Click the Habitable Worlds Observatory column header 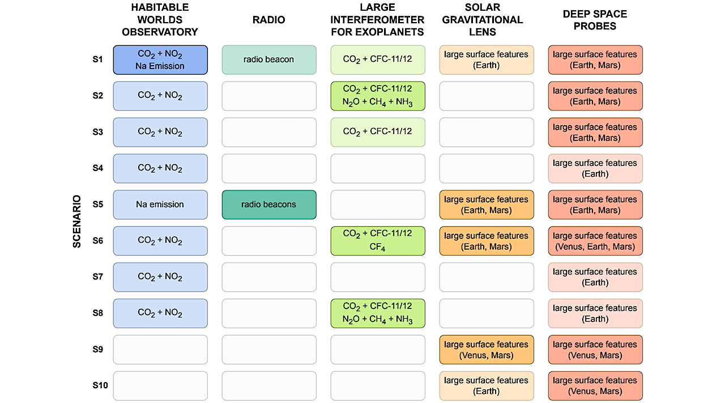point(160,20)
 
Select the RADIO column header point(268,20)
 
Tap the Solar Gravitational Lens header point(487,20)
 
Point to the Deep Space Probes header point(595,20)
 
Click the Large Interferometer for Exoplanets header point(377,20)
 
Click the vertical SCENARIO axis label point(77,222)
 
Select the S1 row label point(98,59)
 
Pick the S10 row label point(100,385)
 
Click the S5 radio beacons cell point(269,204)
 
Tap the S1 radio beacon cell point(269,59)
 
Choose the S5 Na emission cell point(160,204)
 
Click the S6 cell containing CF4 point(378,241)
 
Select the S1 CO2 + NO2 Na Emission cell point(160,59)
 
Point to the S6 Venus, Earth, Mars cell point(595,241)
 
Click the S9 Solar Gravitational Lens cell point(487,349)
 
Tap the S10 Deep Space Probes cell point(595,385)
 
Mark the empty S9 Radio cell point(269,349)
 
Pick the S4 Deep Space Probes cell point(595,168)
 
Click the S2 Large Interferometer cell point(378,96)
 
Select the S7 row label point(98,277)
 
